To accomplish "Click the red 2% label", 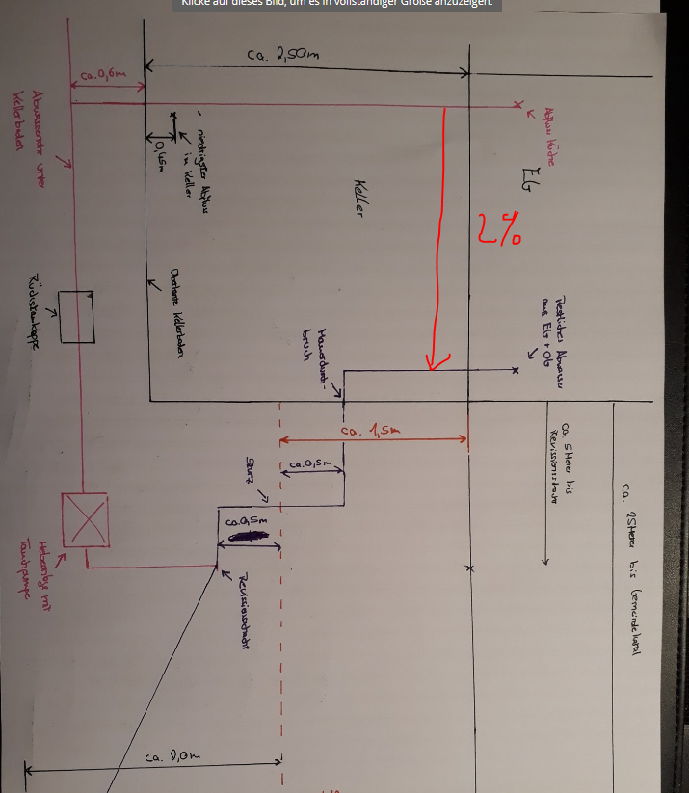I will pos(498,228).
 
